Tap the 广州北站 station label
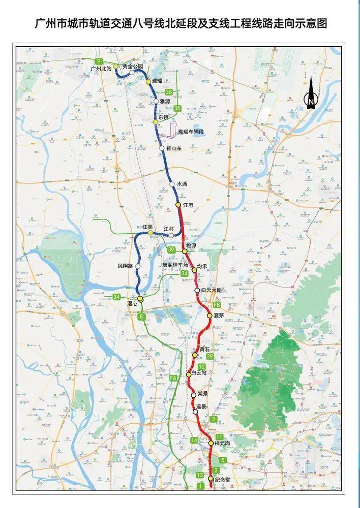click(100, 68)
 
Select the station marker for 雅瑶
click(148, 81)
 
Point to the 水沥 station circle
click(172, 184)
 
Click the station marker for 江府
click(178, 204)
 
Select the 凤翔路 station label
click(125, 266)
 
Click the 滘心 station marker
click(140, 299)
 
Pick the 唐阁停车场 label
click(175, 265)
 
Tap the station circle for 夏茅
click(209, 315)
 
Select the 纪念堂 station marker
click(211, 479)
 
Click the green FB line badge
click(217, 305)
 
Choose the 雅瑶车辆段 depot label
click(191, 132)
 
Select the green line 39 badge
click(171, 250)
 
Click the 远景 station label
click(201, 406)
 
